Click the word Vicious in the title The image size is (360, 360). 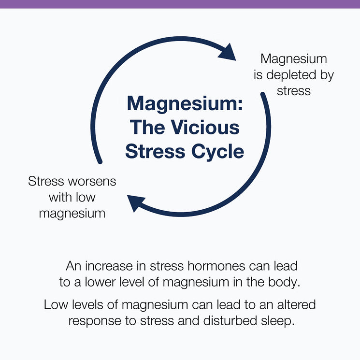pyautogui.click(x=206, y=128)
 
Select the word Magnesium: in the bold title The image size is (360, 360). pyautogui.click(x=185, y=104)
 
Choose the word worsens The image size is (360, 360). pyautogui.click(x=92, y=182)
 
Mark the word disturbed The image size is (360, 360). pyautogui.click(x=234, y=321)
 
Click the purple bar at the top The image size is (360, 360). pyautogui.click(x=180, y=4)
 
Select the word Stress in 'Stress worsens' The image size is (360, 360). pyautogui.click(x=46, y=182)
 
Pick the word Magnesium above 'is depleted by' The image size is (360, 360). pyautogui.click(x=294, y=59)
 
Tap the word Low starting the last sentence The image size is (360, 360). pyautogui.click(x=54, y=305)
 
